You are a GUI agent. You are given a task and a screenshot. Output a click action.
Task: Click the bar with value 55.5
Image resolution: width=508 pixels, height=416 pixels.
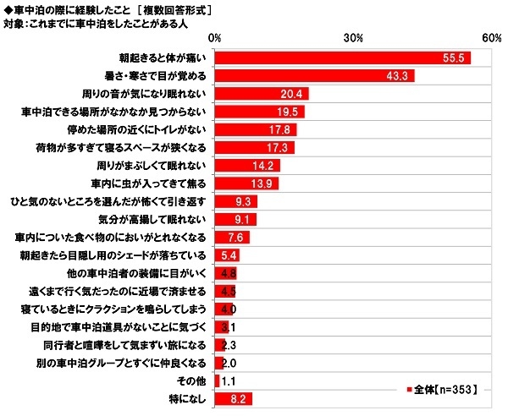click(x=343, y=58)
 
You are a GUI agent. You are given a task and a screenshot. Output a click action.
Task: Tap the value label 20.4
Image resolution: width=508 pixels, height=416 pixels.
click(x=293, y=94)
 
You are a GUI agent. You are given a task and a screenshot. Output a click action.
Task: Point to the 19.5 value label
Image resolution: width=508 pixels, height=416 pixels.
click(x=289, y=112)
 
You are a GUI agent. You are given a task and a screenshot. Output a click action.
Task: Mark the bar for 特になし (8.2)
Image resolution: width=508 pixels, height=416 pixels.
click(x=235, y=397)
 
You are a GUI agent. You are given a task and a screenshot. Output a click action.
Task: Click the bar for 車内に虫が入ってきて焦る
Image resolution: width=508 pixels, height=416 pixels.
click(x=247, y=183)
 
